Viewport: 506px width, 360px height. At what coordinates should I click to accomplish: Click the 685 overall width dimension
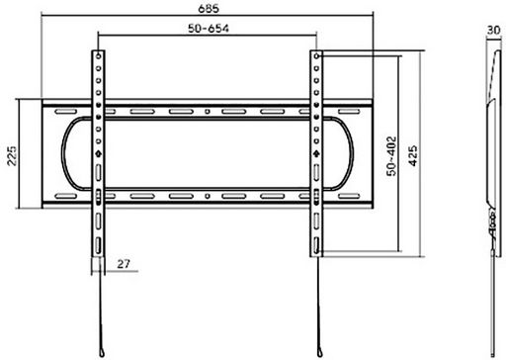(x=209, y=8)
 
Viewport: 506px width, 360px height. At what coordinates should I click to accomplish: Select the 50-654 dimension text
(x=209, y=29)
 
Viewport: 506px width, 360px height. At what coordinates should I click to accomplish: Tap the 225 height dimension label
(x=12, y=155)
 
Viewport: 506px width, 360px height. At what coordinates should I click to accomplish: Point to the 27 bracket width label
(x=124, y=264)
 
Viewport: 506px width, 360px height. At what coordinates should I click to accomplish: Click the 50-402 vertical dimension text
(x=391, y=156)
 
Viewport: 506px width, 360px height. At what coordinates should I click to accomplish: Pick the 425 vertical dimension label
(x=412, y=155)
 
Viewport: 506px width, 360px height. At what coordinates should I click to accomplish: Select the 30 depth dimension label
(x=493, y=31)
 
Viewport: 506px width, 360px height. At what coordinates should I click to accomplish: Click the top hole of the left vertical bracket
(x=98, y=56)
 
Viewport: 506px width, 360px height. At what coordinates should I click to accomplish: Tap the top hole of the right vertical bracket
(x=316, y=56)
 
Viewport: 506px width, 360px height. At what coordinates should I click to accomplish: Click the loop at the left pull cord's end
(x=102, y=352)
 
